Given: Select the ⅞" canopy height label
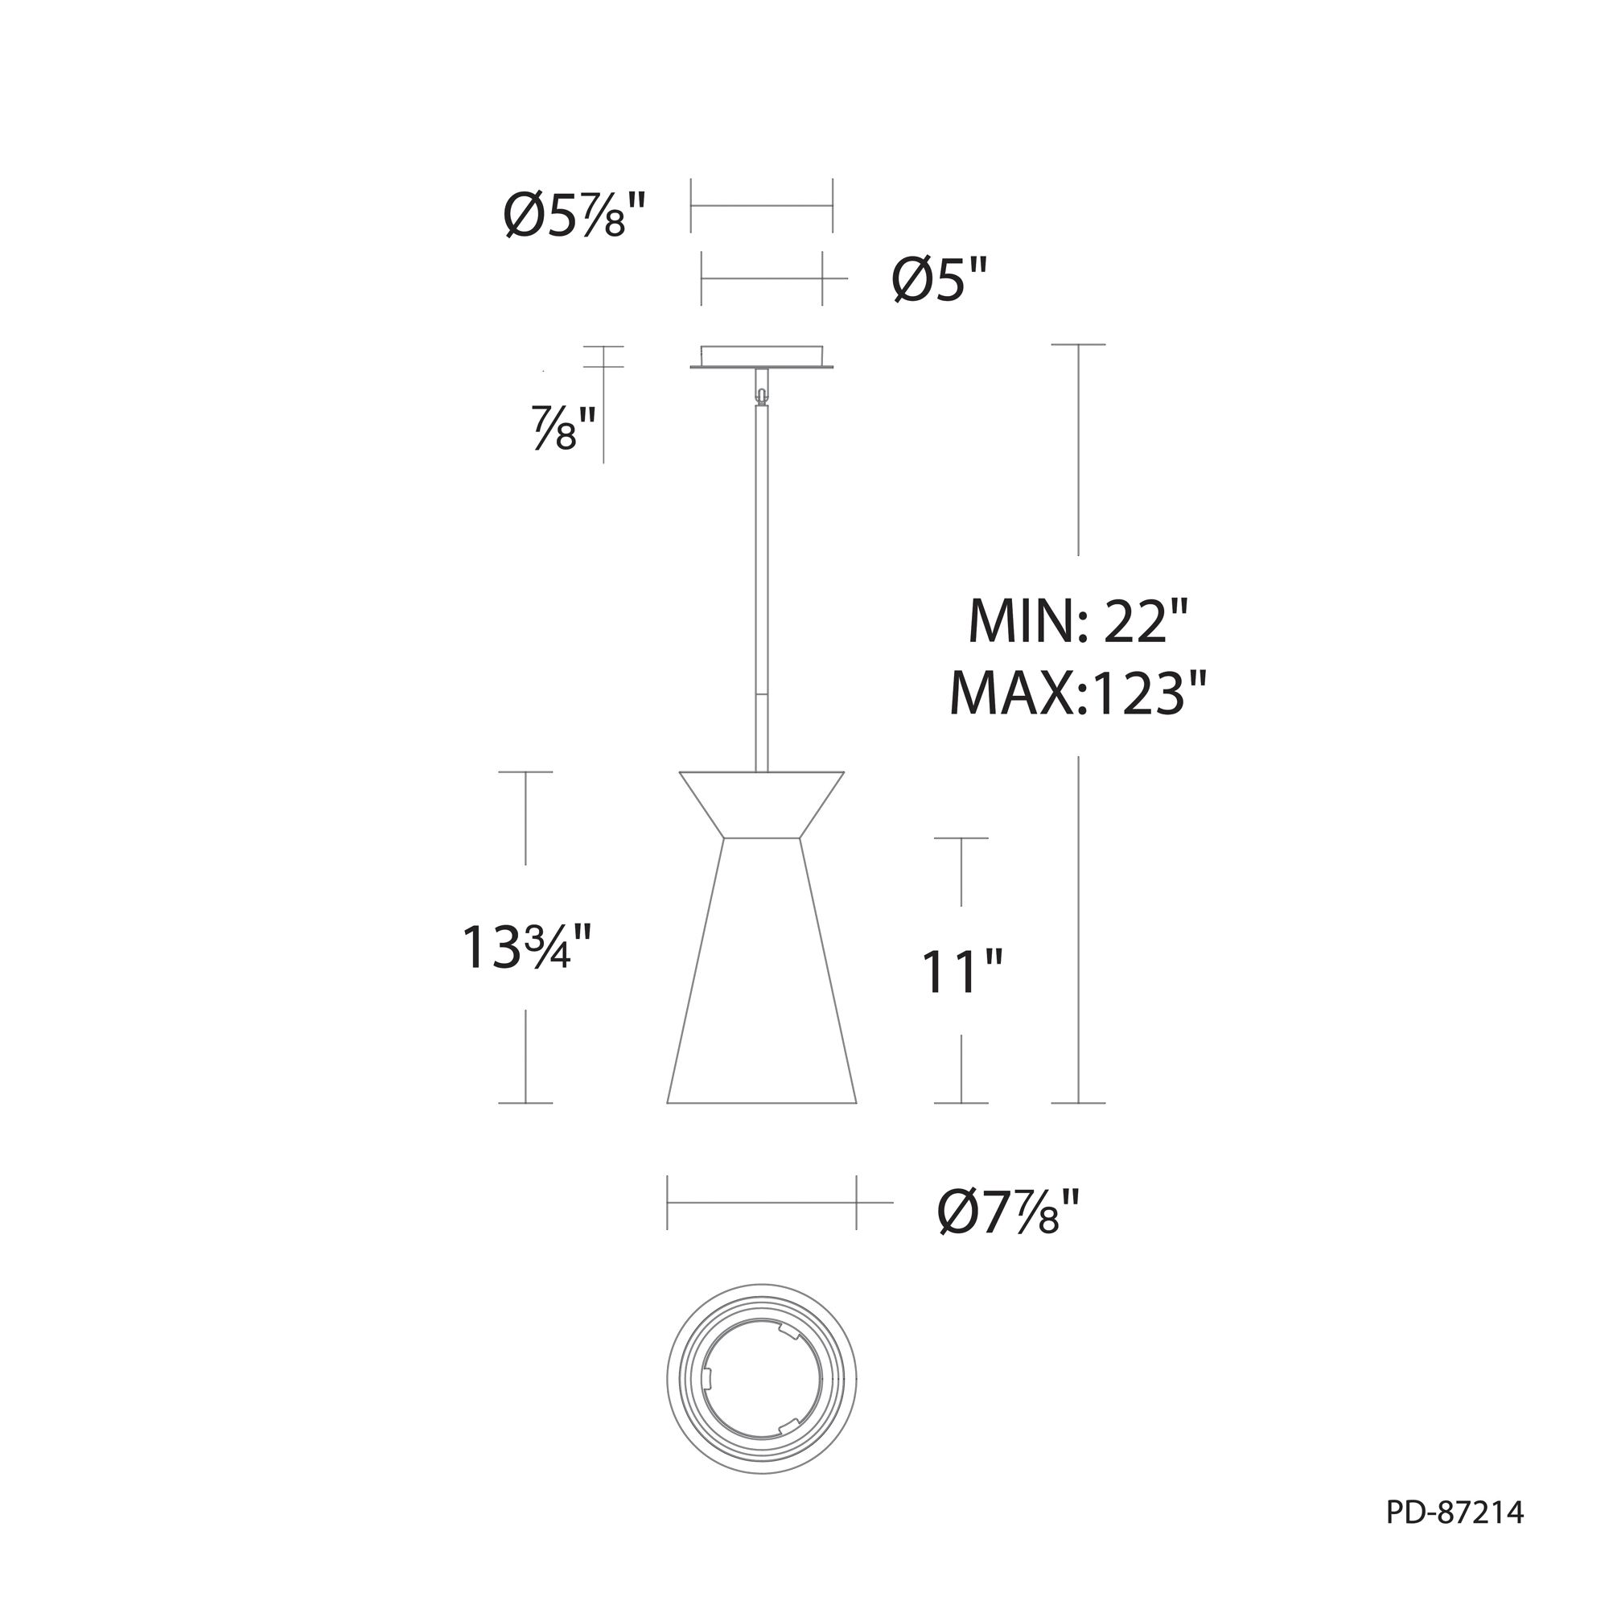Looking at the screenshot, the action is [x=566, y=427].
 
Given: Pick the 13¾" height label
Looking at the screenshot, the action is [x=527, y=947].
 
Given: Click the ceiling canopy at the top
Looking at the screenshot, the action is [x=762, y=356].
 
